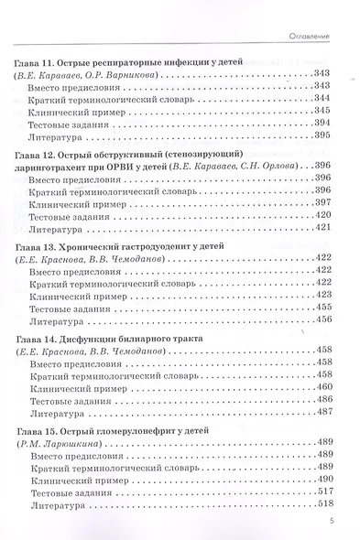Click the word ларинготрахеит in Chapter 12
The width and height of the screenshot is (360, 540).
[x=63, y=167]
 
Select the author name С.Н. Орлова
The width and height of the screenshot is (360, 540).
[x=279, y=167]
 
